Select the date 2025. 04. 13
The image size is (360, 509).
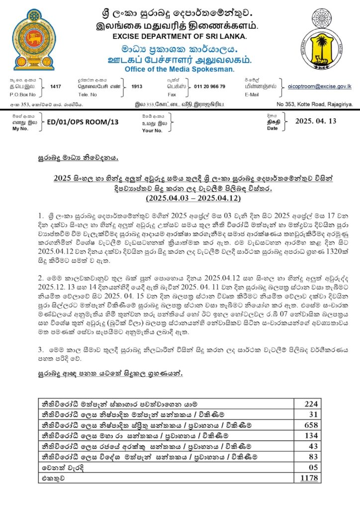316,121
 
